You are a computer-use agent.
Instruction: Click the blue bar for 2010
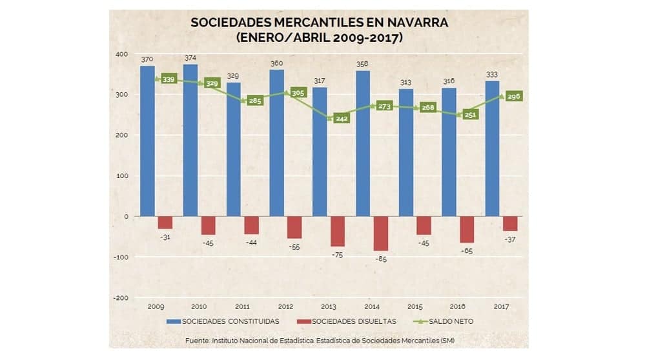[x=190, y=140]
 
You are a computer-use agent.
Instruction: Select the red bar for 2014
[x=380, y=234]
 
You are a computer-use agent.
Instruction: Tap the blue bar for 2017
[x=493, y=148]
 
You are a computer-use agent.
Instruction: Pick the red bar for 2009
[x=165, y=223]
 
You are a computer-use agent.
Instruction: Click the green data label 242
[x=342, y=118]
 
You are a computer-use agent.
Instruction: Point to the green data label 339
[x=169, y=79]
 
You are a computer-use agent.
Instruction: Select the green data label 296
[x=514, y=97]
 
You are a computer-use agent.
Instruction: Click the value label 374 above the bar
[x=190, y=58]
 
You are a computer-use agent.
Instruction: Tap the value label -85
[x=381, y=259]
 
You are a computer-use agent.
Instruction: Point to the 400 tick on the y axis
[x=122, y=54]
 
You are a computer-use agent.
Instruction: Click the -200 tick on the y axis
[x=121, y=298]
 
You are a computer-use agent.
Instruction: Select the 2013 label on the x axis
[x=328, y=306]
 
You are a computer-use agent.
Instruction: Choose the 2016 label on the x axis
[x=457, y=306]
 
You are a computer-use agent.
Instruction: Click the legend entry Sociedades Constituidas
[x=223, y=321]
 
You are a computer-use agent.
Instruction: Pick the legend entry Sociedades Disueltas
[x=347, y=321]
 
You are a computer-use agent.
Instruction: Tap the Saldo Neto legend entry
[x=444, y=321]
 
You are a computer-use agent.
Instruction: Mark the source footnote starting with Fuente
[x=320, y=341]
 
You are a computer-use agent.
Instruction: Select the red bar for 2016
[x=467, y=229]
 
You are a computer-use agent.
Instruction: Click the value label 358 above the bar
[x=362, y=64]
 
